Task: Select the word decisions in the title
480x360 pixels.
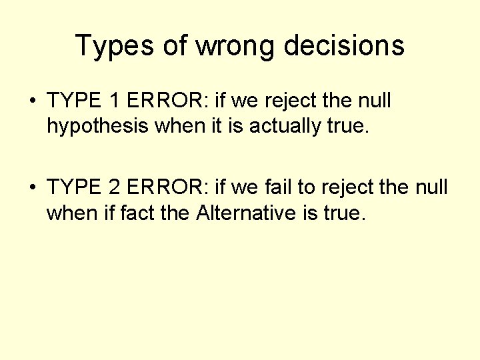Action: point(344,46)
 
